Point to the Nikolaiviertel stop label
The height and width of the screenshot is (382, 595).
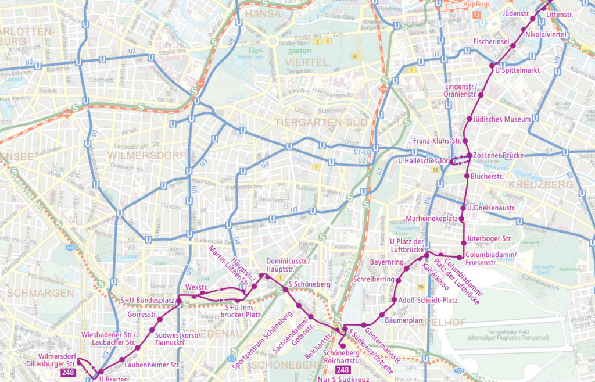pyautogui.click(x=546, y=35)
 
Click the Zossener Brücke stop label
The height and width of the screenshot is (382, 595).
pyautogui.click(x=499, y=156)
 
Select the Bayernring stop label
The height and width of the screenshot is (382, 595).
pyautogui.click(x=386, y=263)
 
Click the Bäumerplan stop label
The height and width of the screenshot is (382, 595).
pyautogui.click(x=403, y=320)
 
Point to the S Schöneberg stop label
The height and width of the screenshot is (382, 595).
pyautogui.click(x=309, y=284)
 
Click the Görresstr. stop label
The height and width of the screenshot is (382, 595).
pyautogui.click(x=142, y=315)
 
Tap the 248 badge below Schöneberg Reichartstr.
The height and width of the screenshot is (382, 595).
pyautogui.click(x=343, y=370)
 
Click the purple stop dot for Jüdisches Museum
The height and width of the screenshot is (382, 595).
pyautogui.click(x=469, y=119)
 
